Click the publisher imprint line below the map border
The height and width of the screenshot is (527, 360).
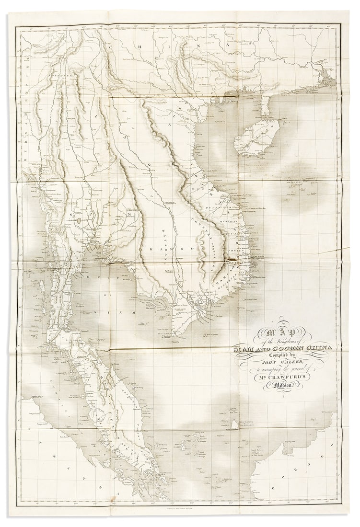pyautogui.click(x=180, y=506)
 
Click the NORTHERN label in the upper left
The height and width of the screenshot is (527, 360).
pyautogui.click(x=62, y=76)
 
